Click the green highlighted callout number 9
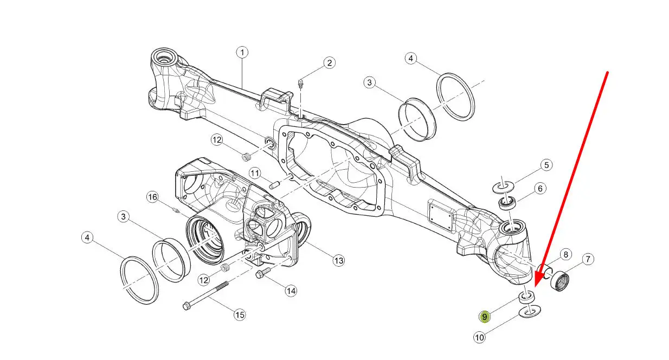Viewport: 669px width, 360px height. click(485, 317)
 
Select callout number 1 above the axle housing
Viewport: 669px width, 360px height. click(242, 53)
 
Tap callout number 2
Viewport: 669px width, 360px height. click(329, 63)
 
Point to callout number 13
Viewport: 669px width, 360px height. click(339, 261)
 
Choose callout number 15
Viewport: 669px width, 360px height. click(240, 315)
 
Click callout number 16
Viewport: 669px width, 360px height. click(153, 197)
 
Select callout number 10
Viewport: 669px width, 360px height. click(479, 338)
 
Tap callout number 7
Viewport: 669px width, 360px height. click(588, 259)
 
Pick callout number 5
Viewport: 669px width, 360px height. click(546, 165)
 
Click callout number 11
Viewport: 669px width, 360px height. click(255, 173)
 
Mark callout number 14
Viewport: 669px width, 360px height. click(291, 291)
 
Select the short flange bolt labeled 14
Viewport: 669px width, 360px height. click(263, 273)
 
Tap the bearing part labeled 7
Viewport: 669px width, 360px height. click(559, 281)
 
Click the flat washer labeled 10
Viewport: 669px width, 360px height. click(530, 311)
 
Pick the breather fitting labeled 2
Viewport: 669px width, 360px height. click(301, 83)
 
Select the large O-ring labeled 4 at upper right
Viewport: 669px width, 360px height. click(455, 97)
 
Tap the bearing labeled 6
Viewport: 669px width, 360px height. click(507, 203)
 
